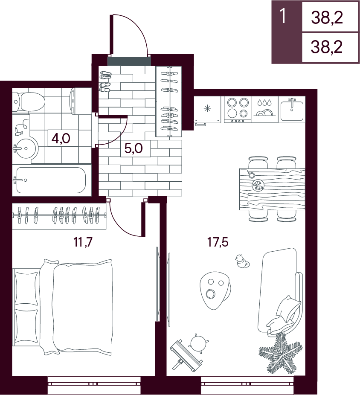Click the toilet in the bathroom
click(28, 102)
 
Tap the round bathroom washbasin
click(25, 148)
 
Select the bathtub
click(51, 180)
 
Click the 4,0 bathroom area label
click(61, 138)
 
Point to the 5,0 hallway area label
click(134, 148)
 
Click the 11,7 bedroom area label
click(83, 242)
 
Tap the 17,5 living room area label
click(218, 242)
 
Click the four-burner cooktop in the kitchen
click(238, 110)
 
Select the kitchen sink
click(292, 110)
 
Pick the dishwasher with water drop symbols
click(264, 110)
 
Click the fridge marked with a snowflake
click(208, 110)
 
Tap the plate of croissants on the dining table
click(258, 185)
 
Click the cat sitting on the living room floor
click(241, 261)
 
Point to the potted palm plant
click(280, 350)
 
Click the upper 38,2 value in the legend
click(327, 18)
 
